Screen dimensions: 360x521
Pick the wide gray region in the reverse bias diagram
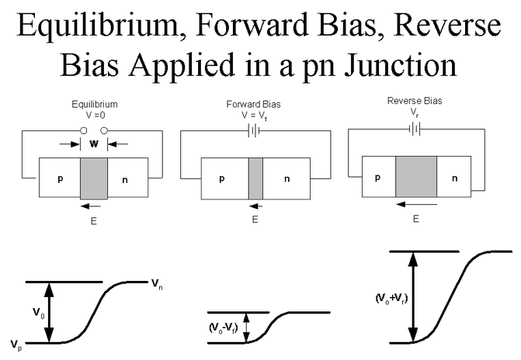415,176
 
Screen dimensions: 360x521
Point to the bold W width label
93,144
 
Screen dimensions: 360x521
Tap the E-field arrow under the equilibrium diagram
92,206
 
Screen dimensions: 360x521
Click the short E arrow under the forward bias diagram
255,206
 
